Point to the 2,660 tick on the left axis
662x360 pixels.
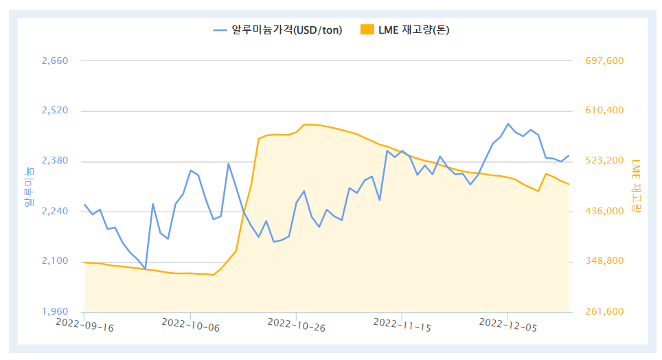[x=55, y=60]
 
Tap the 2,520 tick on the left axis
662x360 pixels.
[x=55, y=111]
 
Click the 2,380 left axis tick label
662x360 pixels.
[x=55, y=161]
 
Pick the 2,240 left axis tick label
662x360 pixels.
[x=55, y=211]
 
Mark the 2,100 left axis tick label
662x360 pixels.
[x=55, y=261]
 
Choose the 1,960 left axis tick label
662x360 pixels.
[x=55, y=311]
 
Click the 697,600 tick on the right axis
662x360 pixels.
[x=604, y=60]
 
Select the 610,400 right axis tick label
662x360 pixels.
[x=604, y=111]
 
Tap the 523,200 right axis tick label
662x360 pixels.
[x=604, y=161]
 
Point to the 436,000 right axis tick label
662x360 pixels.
[x=604, y=211]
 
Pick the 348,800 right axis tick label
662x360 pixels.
[x=604, y=261]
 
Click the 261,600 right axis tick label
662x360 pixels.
[x=604, y=311]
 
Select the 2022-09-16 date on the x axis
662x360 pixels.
[x=84, y=325]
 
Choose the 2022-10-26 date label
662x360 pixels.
[x=296, y=325]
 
